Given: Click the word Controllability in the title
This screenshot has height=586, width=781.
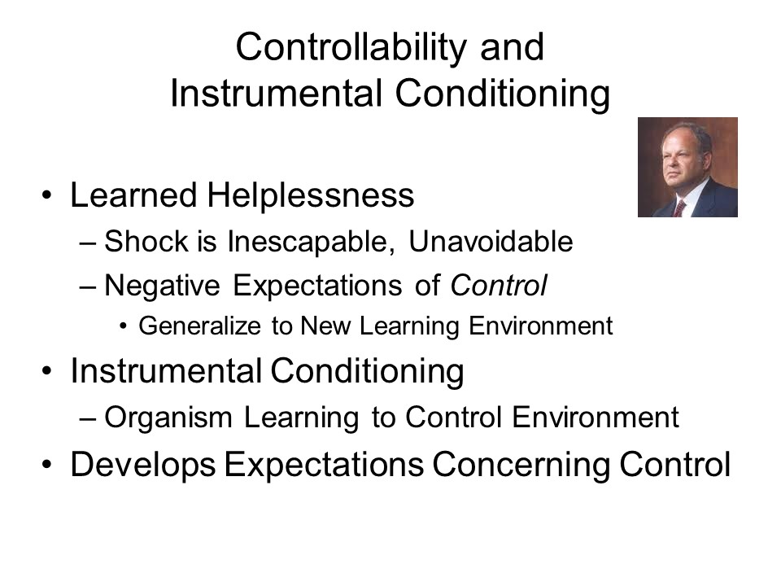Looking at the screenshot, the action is point(351,49).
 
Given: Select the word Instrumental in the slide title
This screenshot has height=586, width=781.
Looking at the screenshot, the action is point(277,93).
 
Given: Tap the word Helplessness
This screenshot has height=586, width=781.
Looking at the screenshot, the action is point(310,195).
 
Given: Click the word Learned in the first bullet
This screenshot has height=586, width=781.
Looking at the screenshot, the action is point(133,195).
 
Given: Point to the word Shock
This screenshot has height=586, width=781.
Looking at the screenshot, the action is point(146,242).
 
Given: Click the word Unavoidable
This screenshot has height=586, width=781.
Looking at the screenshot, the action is point(491,242).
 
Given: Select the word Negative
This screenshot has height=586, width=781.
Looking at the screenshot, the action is point(162,286).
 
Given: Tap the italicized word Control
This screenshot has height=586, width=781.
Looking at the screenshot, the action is point(499,286).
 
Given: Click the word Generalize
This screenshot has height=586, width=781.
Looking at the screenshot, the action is point(200,326).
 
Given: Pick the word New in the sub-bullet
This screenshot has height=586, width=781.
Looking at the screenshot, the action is point(325,326).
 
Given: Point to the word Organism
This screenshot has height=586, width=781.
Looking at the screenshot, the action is point(168,418).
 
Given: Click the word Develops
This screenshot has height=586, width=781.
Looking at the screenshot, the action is point(143,465).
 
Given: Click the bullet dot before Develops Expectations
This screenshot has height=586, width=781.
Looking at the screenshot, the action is point(47,465).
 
